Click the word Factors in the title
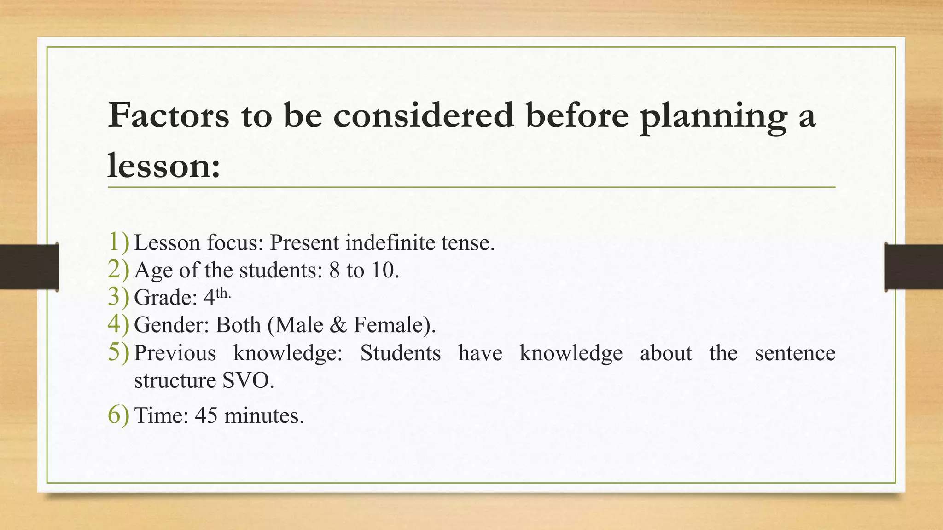169,115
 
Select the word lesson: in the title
164,166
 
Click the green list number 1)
118,242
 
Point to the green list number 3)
118,297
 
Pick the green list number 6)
118,415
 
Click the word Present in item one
304,242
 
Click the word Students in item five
400,353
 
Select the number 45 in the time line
206,415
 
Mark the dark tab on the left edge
29,267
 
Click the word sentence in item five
795,353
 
